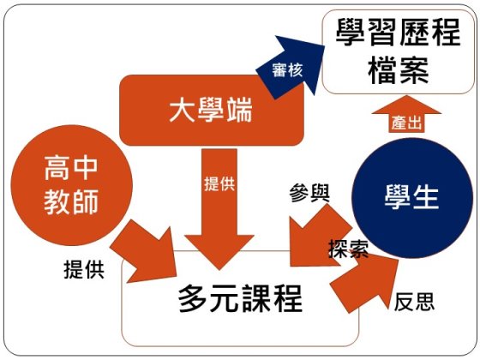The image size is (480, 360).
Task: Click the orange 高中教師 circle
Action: click(x=72, y=185)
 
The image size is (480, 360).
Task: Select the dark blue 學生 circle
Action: click(x=411, y=198)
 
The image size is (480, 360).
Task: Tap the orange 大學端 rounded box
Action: click(x=212, y=111)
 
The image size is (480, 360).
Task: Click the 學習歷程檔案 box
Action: click(x=399, y=52)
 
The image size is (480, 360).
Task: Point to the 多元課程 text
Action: click(x=240, y=298)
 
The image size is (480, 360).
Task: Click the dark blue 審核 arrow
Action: click(x=291, y=68)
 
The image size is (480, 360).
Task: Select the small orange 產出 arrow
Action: click(x=406, y=115)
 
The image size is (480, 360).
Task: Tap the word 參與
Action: click(x=309, y=193)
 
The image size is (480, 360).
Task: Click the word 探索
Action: click(x=348, y=249)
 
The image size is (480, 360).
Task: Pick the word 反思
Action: click(x=414, y=302)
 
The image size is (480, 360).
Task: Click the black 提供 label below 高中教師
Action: click(x=84, y=270)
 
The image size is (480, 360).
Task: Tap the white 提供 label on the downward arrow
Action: click(x=219, y=184)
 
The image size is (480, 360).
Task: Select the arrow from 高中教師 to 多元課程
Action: click(x=144, y=251)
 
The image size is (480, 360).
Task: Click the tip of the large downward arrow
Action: click(x=219, y=270)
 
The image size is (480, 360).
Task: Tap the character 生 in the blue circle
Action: click(x=426, y=197)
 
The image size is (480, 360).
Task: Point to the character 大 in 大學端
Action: click(x=183, y=111)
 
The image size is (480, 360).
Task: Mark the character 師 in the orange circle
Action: click(x=86, y=201)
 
